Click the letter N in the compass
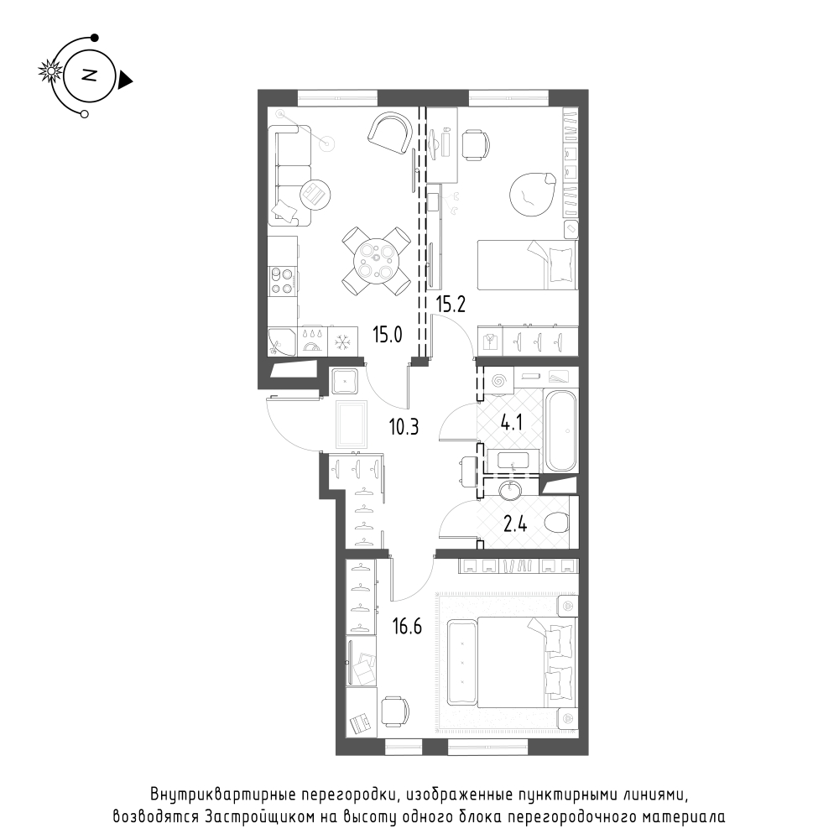(x=90, y=76)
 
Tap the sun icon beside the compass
(x=51, y=71)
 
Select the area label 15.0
(x=388, y=336)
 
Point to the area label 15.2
(x=451, y=305)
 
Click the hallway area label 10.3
(x=404, y=428)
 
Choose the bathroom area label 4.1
(x=511, y=424)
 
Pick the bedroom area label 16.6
(x=407, y=626)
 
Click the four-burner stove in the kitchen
(x=283, y=280)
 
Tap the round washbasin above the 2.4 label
(x=509, y=490)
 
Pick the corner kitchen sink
(x=282, y=341)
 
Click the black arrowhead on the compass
(x=126, y=81)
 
